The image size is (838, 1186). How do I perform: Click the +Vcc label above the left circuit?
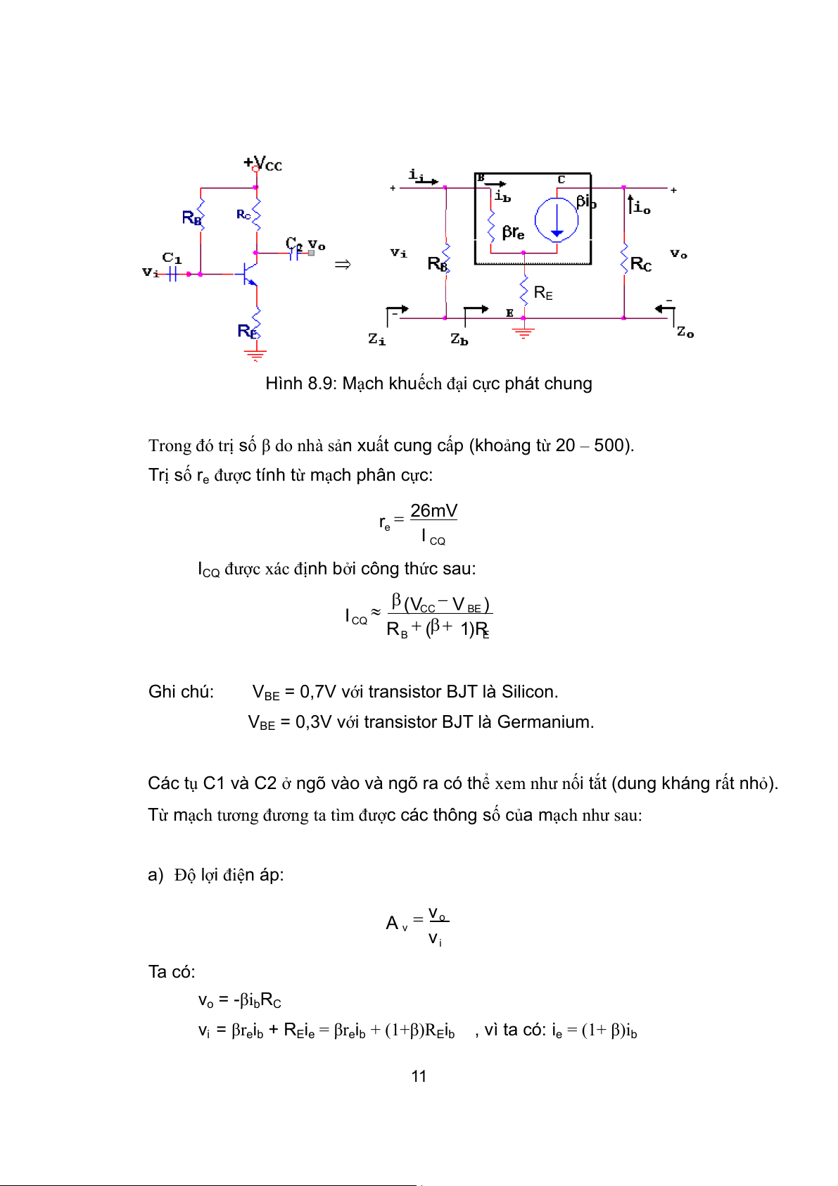coord(263,164)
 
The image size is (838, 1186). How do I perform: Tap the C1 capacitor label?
coord(172,258)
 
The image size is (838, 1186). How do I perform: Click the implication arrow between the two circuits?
coord(343,265)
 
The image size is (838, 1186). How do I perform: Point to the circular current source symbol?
coord(557,220)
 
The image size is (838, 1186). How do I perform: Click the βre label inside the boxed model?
coord(513,232)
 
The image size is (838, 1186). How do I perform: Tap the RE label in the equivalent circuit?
coord(543,293)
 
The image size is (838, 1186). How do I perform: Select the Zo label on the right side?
coord(685,332)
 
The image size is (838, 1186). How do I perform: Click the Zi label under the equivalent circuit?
coord(377,339)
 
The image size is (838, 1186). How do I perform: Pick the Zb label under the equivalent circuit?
coord(459,339)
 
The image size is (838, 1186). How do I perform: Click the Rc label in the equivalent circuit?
coord(641,264)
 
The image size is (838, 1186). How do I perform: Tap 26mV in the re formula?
coord(433,510)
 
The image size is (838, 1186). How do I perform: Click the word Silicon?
coord(529,692)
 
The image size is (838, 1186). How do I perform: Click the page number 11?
coord(419,1076)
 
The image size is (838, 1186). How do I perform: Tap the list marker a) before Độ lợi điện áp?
coord(155,875)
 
